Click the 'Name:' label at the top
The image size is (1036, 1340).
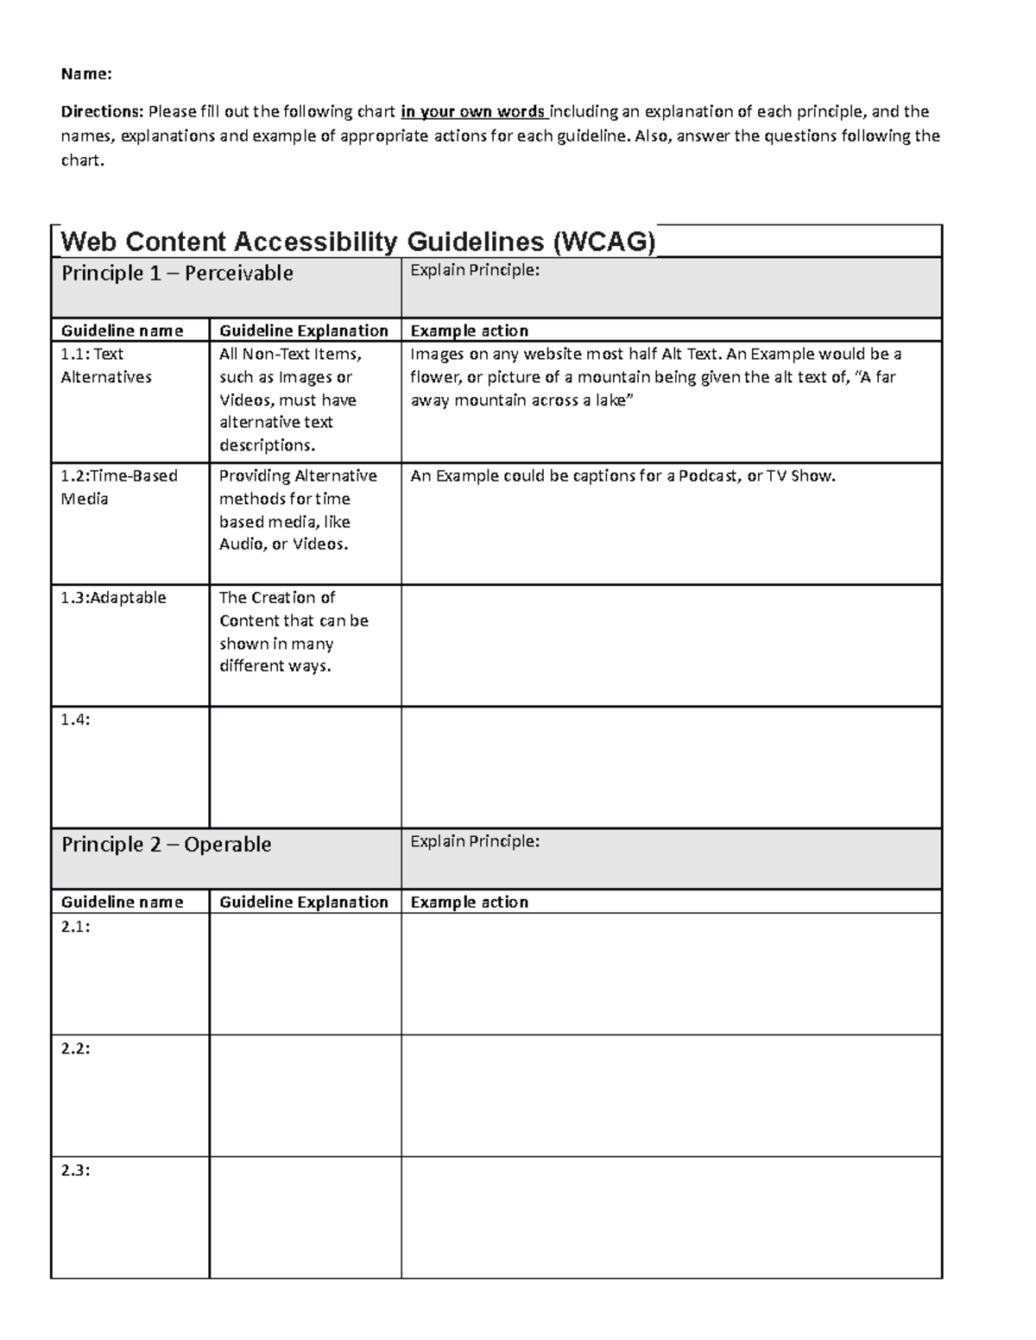pyautogui.click(x=86, y=74)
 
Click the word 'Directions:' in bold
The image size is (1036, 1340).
pyautogui.click(x=102, y=111)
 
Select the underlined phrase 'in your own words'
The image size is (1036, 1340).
pyautogui.click(x=473, y=111)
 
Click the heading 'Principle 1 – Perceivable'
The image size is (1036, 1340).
pyautogui.click(x=177, y=274)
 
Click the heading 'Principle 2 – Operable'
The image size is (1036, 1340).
pyautogui.click(x=166, y=845)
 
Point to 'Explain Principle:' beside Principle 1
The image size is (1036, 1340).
pyautogui.click(x=475, y=271)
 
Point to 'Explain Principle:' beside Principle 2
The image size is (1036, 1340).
pyautogui.click(x=475, y=842)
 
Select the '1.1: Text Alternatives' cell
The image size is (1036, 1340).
pyautogui.click(x=105, y=366)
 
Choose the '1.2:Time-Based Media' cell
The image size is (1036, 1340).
pyautogui.click(x=118, y=488)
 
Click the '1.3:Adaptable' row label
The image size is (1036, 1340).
pyautogui.click(x=113, y=598)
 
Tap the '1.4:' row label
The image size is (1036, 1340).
pyautogui.click(x=75, y=720)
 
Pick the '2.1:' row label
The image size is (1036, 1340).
pyautogui.click(x=75, y=928)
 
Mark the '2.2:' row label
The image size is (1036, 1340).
pyautogui.click(x=75, y=1049)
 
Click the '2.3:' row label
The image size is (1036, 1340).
pyautogui.click(x=75, y=1171)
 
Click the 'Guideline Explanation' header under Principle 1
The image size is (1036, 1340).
pyautogui.click(x=304, y=330)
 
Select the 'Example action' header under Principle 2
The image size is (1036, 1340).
pyautogui.click(x=469, y=902)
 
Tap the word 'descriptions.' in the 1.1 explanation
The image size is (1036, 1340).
pyautogui.click(x=267, y=445)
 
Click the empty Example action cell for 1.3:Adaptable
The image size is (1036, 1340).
pyautogui.click(x=671, y=645)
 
